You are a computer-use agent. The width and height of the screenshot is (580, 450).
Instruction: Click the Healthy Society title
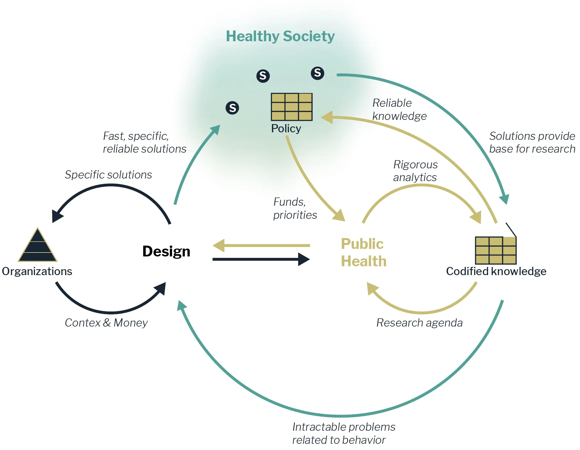[280, 36]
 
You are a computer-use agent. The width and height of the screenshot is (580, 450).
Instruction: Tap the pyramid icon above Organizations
[37, 246]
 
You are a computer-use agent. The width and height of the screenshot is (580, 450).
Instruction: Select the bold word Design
[166, 252]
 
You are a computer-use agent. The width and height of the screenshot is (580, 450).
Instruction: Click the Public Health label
[363, 253]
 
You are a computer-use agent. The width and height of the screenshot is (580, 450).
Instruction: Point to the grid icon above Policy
[292, 107]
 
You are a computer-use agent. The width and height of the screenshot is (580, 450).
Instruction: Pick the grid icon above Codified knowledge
[495, 251]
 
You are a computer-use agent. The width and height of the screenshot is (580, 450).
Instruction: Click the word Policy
[286, 128]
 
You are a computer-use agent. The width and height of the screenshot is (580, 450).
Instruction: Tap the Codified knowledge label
[496, 271]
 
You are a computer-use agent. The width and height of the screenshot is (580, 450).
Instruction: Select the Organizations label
[37, 271]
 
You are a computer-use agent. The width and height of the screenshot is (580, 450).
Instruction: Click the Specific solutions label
[108, 175]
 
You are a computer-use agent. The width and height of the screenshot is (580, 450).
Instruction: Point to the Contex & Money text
[106, 323]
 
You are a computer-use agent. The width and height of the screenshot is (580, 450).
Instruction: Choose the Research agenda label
[419, 323]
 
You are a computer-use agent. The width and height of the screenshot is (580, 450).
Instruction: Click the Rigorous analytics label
[415, 171]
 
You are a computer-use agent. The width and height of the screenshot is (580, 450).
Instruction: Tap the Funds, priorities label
[295, 208]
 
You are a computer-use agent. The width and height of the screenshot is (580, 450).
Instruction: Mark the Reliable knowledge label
[399, 109]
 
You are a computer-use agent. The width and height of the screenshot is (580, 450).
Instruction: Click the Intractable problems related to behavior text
[343, 433]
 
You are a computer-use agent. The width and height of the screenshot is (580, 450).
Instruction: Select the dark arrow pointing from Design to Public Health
[261, 259]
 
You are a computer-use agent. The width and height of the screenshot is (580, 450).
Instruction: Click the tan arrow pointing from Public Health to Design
[261, 245]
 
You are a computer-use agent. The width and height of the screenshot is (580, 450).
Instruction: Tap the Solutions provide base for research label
[532, 142]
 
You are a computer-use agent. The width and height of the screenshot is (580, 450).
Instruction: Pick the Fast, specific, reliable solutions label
[145, 142]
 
